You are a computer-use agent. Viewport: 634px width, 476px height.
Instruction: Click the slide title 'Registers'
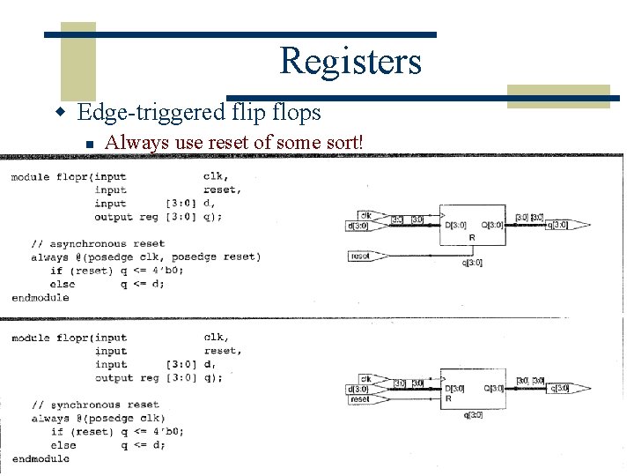point(350,61)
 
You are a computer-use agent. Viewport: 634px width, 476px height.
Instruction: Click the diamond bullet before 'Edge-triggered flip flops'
point(61,114)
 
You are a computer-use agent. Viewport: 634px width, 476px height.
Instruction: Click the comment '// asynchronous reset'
point(98,243)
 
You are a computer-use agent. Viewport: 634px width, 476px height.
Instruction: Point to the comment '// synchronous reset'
point(95,405)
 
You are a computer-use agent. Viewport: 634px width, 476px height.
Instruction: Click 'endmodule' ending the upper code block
point(41,298)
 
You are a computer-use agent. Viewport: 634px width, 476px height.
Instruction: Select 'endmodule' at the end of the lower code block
point(41,459)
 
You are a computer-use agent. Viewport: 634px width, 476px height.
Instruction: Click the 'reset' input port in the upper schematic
point(361,256)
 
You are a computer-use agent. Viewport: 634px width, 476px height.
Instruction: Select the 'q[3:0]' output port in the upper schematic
point(557,225)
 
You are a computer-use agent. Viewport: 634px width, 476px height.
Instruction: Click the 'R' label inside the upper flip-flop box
point(472,238)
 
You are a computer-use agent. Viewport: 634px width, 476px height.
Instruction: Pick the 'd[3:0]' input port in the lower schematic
point(359,389)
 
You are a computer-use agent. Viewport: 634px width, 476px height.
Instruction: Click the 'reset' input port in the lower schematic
point(360,399)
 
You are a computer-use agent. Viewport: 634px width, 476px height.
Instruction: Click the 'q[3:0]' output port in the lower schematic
point(557,388)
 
